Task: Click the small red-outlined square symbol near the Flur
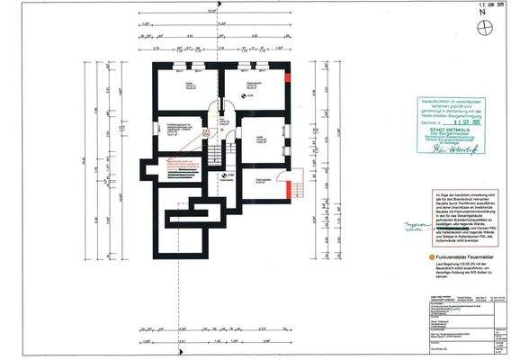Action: pos(206,131)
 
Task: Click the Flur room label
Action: pos(222,120)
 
